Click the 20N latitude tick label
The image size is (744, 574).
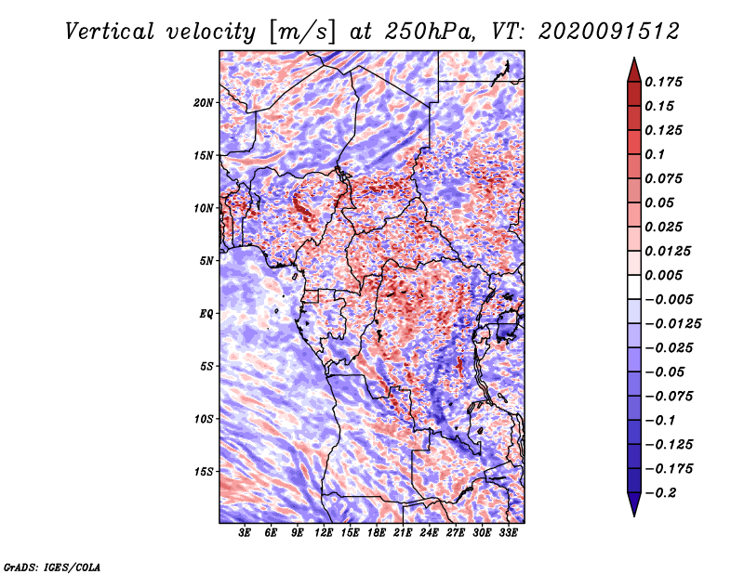pyautogui.click(x=204, y=102)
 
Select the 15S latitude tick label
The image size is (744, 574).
pyautogui.click(x=204, y=471)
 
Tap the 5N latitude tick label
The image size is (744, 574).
pyautogui.click(x=206, y=260)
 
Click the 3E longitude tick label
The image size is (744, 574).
pyautogui.click(x=246, y=533)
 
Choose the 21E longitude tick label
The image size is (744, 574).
pyautogui.click(x=403, y=533)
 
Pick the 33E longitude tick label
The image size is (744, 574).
pyautogui.click(x=508, y=533)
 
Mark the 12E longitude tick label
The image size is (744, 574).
pyautogui.click(x=324, y=533)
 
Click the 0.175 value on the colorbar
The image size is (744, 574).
pyautogui.click(x=666, y=82)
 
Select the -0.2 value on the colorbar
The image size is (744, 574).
pyautogui.click(x=664, y=493)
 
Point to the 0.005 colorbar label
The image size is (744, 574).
pyautogui.click(x=666, y=275)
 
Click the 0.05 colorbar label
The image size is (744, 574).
pyautogui.click(x=661, y=202)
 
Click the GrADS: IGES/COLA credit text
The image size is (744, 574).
pyautogui.click(x=51, y=565)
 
